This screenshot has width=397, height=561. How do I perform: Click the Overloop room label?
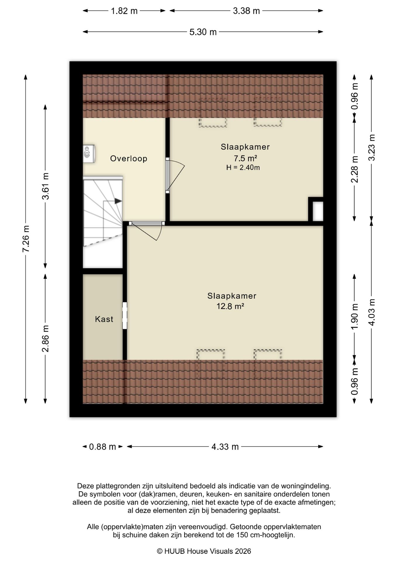(x=128, y=159)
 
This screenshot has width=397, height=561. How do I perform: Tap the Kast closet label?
(x=104, y=319)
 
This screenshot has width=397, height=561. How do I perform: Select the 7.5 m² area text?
(x=245, y=158)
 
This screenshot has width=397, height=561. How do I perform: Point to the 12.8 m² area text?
(x=230, y=306)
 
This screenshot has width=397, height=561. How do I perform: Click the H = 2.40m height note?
(x=243, y=168)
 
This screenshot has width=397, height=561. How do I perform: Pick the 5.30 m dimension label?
(x=203, y=32)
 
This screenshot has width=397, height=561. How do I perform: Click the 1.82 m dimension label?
(x=124, y=11)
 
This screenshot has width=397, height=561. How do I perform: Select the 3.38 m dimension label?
(x=246, y=11)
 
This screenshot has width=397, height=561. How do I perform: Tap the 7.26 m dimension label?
(x=26, y=239)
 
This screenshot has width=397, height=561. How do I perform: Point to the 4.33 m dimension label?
(x=225, y=447)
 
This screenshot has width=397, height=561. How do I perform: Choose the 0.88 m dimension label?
(x=102, y=447)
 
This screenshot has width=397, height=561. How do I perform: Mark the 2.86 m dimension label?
(x=46, y=339)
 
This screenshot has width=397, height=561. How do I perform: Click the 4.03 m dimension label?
(x=372, y=312)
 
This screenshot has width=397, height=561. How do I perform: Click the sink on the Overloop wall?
(x=89, y=153)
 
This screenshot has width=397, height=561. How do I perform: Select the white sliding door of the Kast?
(x=125, y=316)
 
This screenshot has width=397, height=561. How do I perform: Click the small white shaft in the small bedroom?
(x=318, y=212)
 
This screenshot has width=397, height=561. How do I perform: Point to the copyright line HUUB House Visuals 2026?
(x=204, y=551)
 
